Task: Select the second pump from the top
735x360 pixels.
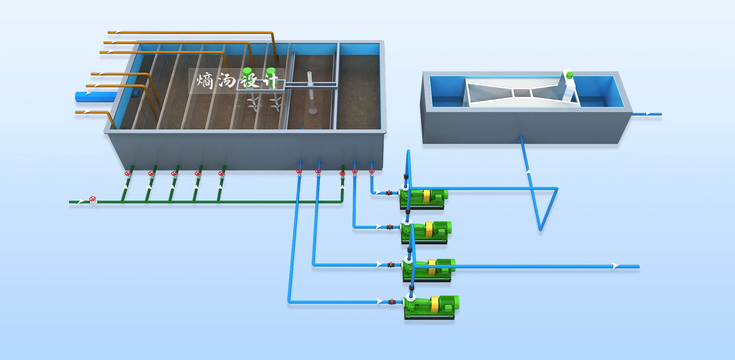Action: pos(426,232)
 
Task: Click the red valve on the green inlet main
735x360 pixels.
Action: pos(92,199)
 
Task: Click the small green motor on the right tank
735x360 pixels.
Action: pos(569,75)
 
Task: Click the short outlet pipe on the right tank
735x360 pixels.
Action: pos(647,114)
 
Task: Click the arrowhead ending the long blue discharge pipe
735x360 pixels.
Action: pos(615,266)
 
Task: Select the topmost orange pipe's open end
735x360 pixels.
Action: pos(109,32)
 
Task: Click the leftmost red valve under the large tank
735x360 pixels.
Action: pos(128,173)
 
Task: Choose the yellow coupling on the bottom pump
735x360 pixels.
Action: pos(434,305)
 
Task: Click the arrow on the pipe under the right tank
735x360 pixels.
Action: pos(529,172)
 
